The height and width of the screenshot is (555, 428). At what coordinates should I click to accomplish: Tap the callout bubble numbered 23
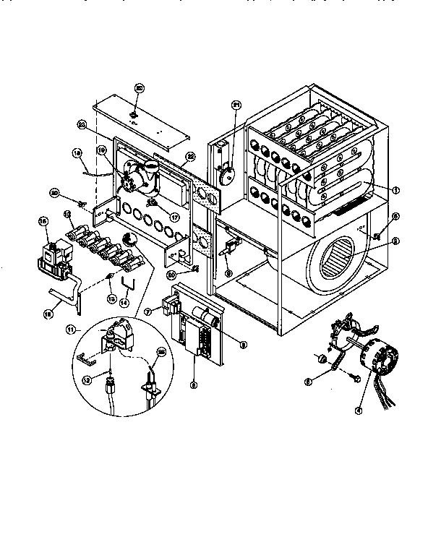pyautogui.click(x=81, y=125)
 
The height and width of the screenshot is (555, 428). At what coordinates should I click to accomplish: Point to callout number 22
pyautogui.click(x=191, y=157)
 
